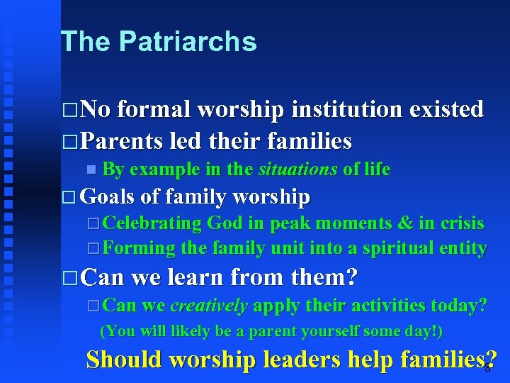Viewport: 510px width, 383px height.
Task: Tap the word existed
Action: click(445, 109)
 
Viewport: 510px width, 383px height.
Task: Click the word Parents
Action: click(123, 141)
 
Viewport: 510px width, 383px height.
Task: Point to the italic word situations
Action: click(297, 169)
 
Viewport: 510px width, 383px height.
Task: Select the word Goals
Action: click(110, 196)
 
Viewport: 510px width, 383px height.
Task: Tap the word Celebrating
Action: click(152, 223)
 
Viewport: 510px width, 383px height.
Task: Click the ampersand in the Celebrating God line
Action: click(405, 223)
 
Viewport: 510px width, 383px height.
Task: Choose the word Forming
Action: click(139, 248)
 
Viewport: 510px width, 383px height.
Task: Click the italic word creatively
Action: click(209, 306)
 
